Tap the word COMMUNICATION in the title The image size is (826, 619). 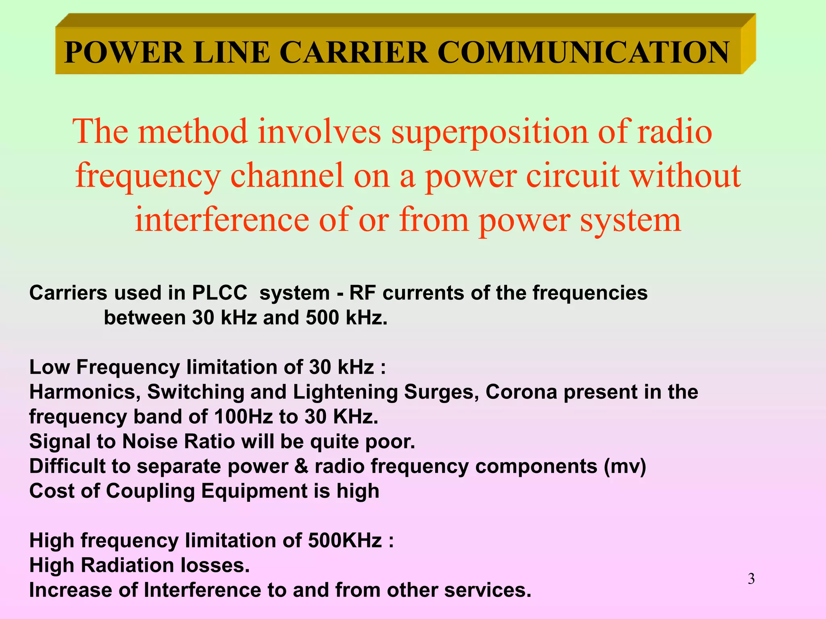[583, 52]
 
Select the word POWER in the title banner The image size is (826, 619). [124, 52]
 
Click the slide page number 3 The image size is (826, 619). [751, 579]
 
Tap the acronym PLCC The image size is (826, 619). [219, 293]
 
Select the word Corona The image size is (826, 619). [521, 392]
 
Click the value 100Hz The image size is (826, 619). [244, 417]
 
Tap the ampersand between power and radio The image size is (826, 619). [301, 466]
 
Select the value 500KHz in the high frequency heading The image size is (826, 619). [345, 540]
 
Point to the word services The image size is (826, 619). [487, 590]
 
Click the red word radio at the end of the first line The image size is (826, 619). [674, 132]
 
